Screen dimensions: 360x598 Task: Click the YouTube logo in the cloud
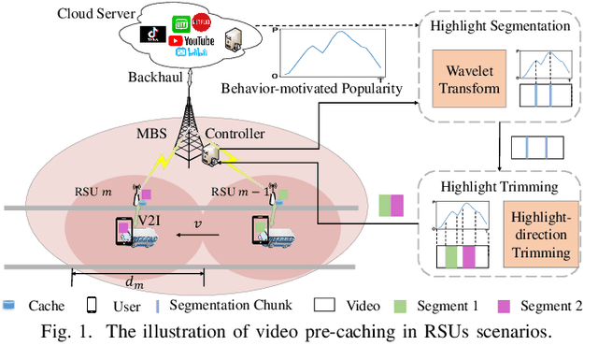tap(192, 41)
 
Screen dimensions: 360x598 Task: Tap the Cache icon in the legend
tap(9, 305)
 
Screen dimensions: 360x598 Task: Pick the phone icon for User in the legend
tap(92, 305)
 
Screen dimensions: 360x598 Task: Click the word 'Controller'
tap(234, 134)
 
